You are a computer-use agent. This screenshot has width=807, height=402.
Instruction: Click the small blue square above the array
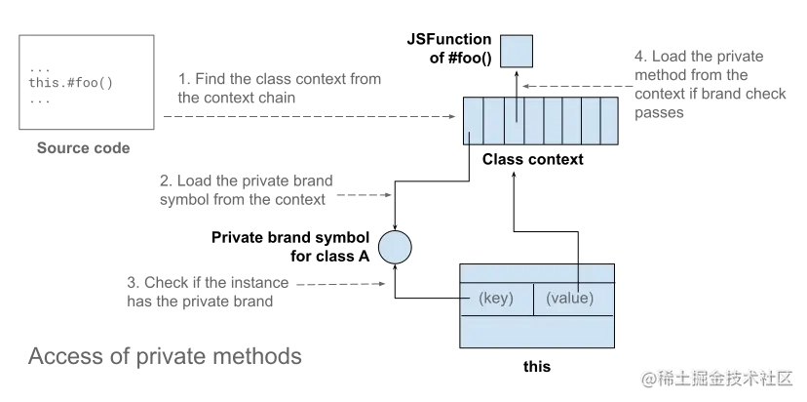517,52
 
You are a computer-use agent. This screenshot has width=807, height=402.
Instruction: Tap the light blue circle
395,246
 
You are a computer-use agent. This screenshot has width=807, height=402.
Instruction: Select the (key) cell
496,298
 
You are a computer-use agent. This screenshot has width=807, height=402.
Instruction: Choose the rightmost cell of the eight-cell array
608,120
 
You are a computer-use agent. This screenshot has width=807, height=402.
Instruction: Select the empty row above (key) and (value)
537,271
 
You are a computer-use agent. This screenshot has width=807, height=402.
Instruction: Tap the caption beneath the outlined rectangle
82,148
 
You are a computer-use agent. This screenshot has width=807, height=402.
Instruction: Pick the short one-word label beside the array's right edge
659,118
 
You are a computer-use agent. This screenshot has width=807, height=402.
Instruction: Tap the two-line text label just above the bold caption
207,292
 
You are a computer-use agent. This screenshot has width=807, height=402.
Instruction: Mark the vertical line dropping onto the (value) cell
580,273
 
